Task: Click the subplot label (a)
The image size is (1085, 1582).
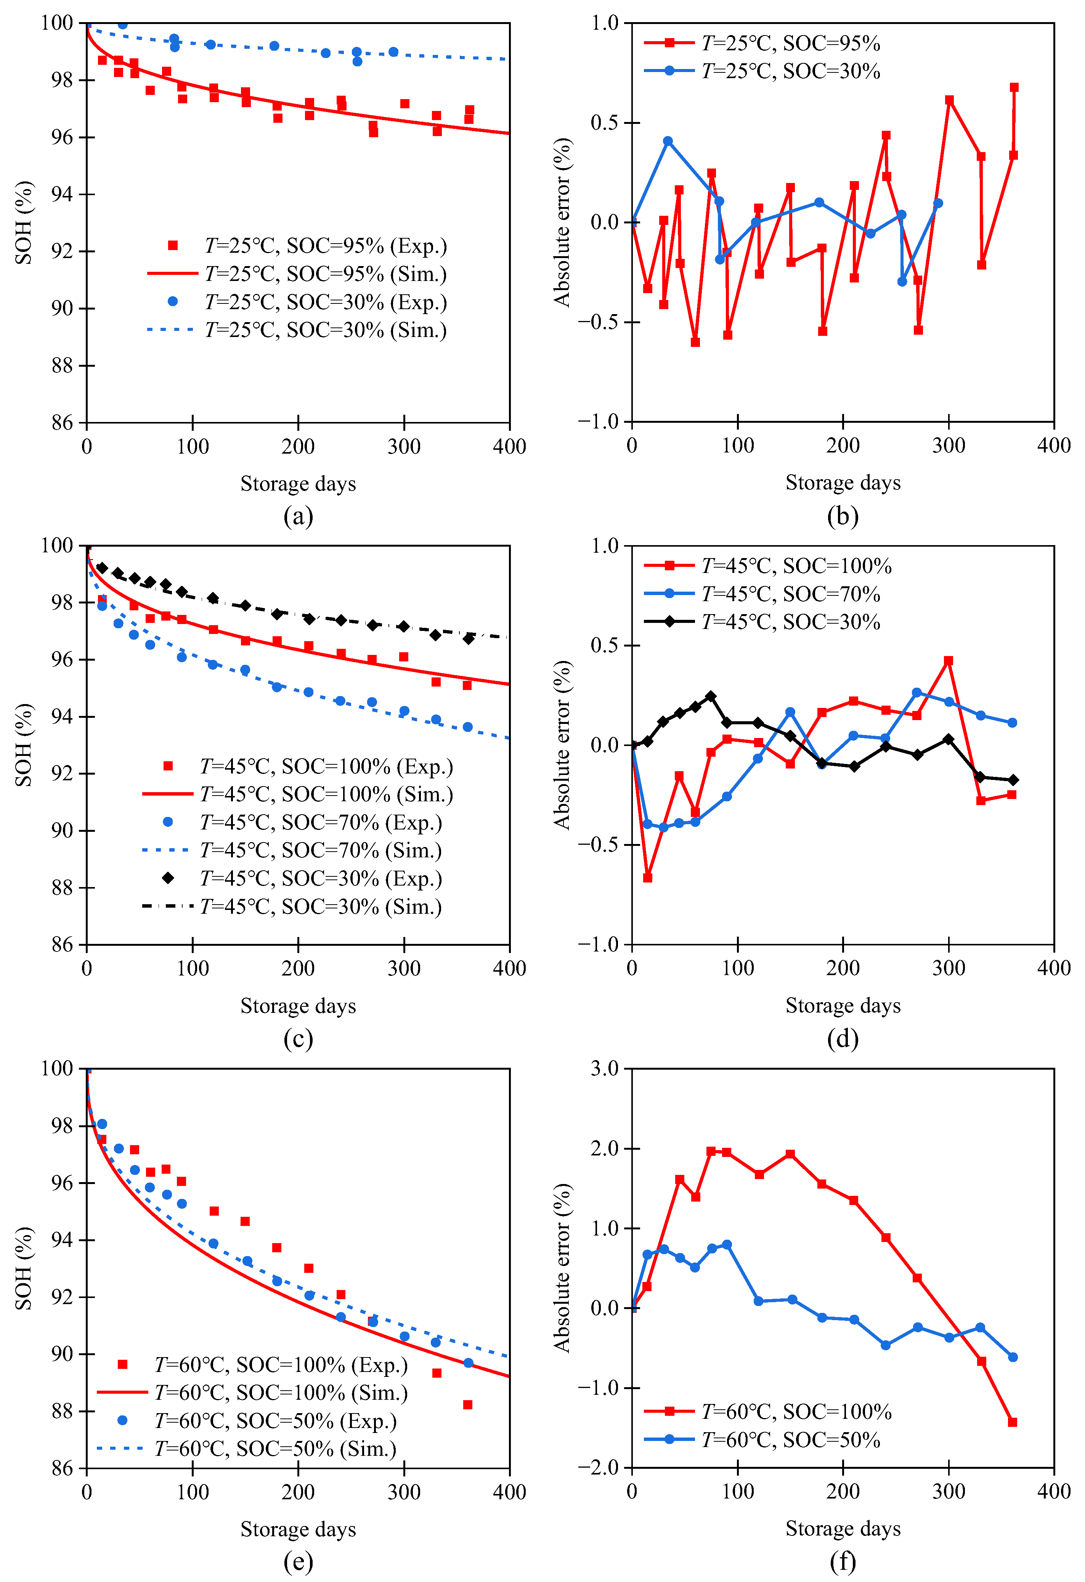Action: coord(298,516)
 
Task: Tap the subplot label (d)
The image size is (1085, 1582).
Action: coord(843,1038)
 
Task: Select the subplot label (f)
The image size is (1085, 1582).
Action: coord(843,1561)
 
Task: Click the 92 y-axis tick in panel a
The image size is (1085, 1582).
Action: coord(63,251)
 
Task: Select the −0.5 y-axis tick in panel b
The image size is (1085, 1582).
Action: coord(599,322)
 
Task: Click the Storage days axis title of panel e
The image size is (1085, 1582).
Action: coord(298,1529)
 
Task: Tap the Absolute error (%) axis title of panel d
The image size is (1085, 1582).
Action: coord(562,745)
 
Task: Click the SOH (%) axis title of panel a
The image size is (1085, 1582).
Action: coord(24,223)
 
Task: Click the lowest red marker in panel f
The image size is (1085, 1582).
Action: coord(1012,1422)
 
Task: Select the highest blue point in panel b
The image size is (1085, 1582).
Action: coord(668,141)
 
